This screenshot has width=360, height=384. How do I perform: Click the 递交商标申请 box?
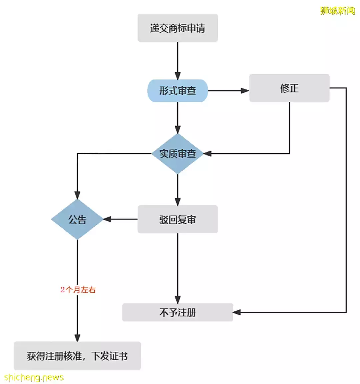pyautogui.click(x=178, y=28)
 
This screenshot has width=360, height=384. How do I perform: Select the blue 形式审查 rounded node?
pyautogui.click(x=178, y=91)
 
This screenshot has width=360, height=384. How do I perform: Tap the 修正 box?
pyautogui.click(x=289, y=88)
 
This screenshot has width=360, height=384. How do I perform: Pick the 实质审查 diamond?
pyautogui.click(x=178, y=154)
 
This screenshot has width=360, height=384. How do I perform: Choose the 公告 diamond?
pyautogui.click(x=77, y=219)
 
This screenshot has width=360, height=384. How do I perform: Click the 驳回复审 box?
pyautogui.click(x=178, y=219)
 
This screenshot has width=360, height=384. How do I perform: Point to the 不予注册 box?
pyautogui.click(x=178, y=312)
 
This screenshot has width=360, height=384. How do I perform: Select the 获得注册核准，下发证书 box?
pyautogui.click(x=77, y=356)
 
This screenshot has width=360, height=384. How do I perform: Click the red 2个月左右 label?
pyautogui.click(x=78, y=290)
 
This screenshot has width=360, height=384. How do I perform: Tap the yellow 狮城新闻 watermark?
pyautogui.click(x=337, y=11)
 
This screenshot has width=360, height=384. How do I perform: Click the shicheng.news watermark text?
pyautogui.click(x=34, y=377)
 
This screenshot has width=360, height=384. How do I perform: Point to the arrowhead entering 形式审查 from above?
pyautogui.click(x=178, y=76)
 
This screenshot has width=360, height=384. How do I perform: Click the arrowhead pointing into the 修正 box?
pyautogui.click(x=245, y=91)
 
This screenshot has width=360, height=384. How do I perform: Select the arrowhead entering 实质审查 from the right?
pyautogui.click(x=207, y=154)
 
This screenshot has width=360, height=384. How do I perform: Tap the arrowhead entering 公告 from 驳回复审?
pyautogui.click(x=107, y=219)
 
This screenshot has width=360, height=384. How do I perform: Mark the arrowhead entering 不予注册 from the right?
pyautogui.click(x=237, y=312)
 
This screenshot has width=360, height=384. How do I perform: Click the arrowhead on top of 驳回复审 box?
pyautogui.click(x=178, y=202)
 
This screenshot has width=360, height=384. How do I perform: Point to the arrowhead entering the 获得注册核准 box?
pyautogui.click(x=77, y=338)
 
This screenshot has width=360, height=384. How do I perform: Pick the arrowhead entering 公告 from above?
pyautogui.click(x=77, y=196)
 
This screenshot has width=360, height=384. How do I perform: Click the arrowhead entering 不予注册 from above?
pyautogui.click(x=178, y=300)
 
